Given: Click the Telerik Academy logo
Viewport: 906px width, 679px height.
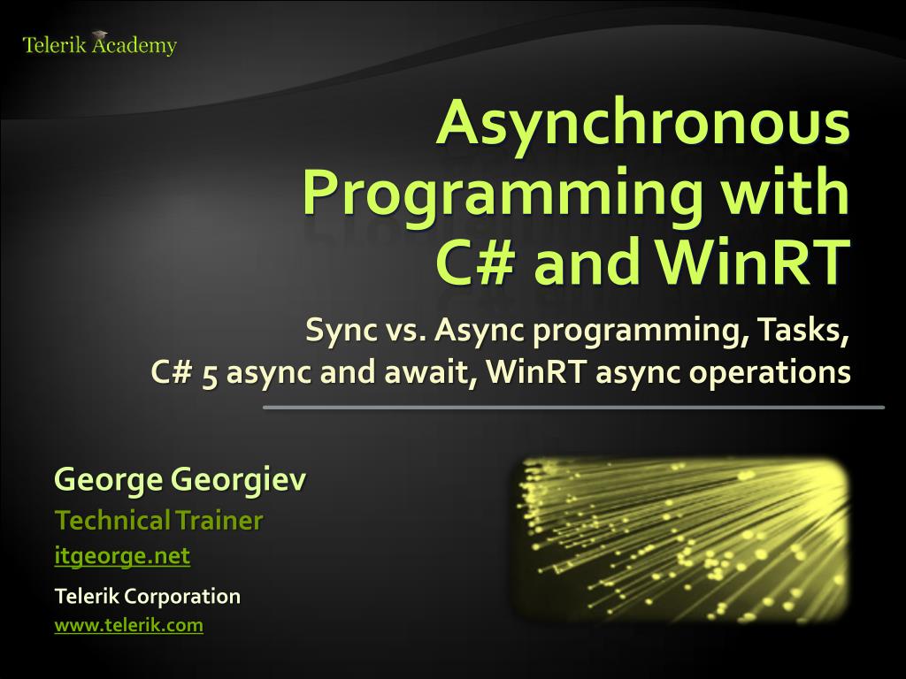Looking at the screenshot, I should coord(99,45).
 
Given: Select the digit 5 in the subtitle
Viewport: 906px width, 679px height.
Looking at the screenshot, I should coord(210,372).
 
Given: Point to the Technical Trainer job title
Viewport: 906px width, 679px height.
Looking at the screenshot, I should coord(159,520).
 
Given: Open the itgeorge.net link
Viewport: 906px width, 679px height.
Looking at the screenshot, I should coord(122,557).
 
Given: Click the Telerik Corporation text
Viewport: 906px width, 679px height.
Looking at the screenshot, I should coord(148,596).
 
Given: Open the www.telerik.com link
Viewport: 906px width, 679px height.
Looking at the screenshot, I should coord(129,625).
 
